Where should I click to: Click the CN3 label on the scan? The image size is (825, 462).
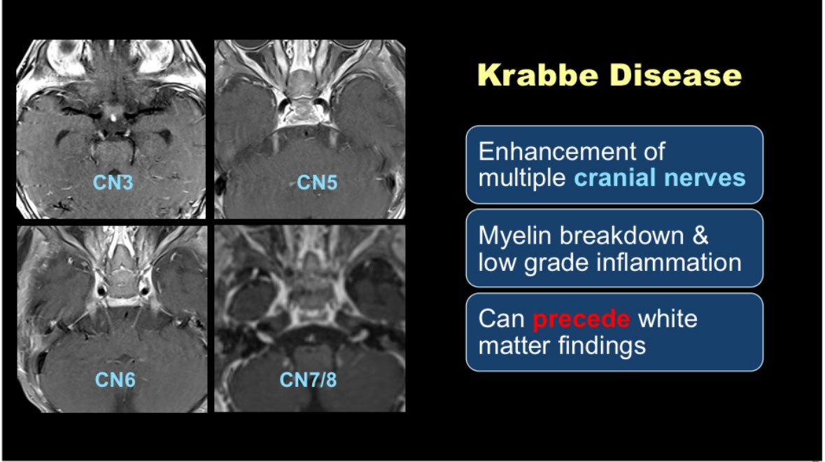[113, 183]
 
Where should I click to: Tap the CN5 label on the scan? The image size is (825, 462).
[317, 183]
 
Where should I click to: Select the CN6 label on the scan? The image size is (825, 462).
[115, 379]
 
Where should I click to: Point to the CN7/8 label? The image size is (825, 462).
[308, 379]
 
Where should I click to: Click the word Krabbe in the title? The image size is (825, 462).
[537, 75]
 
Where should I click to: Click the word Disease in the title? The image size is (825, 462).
[676, 75]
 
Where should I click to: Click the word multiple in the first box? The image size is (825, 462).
[522, 178]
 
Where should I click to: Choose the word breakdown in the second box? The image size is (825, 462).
[621, 235]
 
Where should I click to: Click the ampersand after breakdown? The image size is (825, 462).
[700, 236]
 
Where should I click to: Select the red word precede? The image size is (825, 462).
[581, 319]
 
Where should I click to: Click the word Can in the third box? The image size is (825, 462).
[502, 319]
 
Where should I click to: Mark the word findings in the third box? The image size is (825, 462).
[601, 346]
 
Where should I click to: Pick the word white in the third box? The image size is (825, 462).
[667, 319]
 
